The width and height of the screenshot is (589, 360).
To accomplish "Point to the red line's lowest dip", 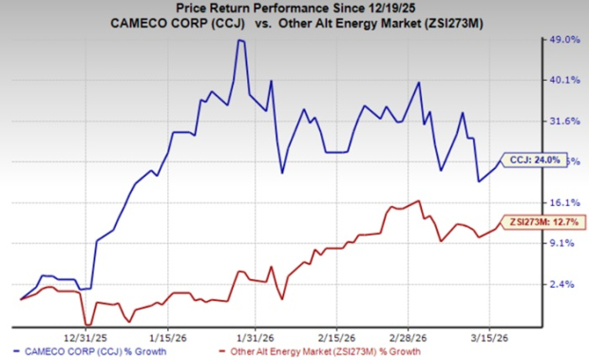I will point(86,325).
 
